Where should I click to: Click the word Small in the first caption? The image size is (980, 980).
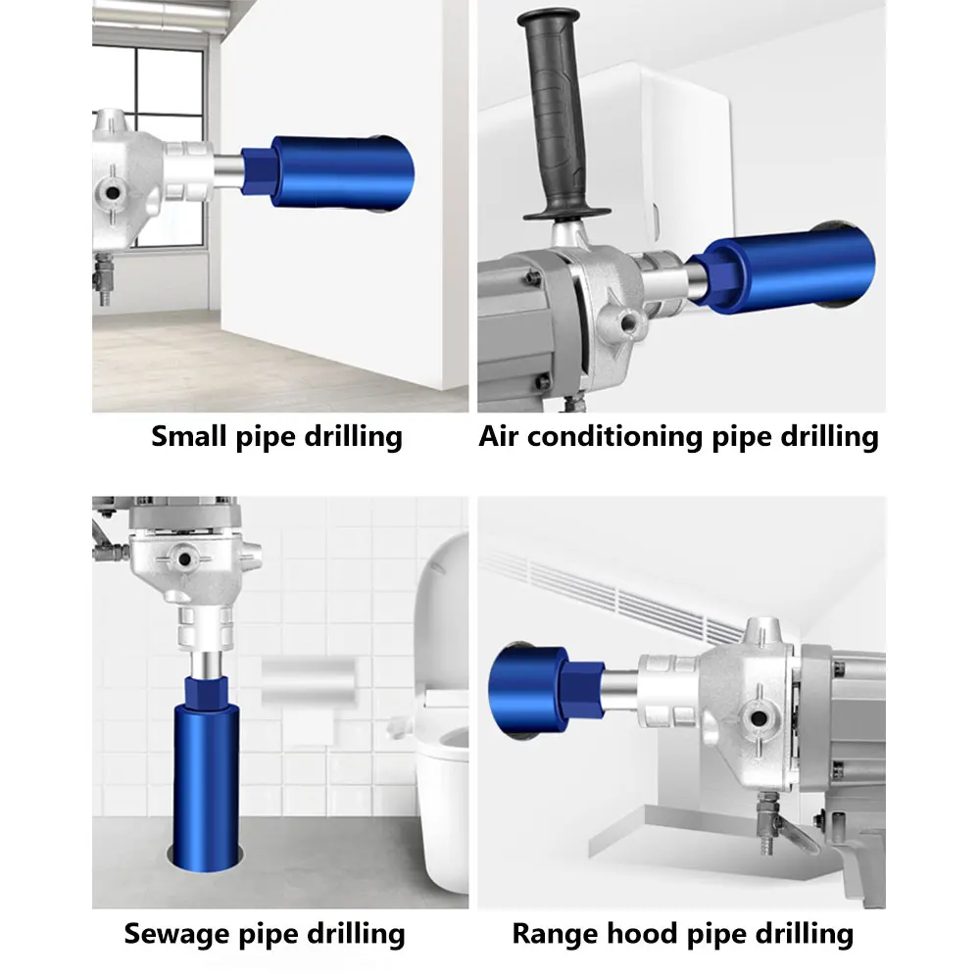pyautogui.click(x=191, y=436)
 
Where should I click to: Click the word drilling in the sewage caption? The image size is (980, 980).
pyautogui.click(x=347, y=934)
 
